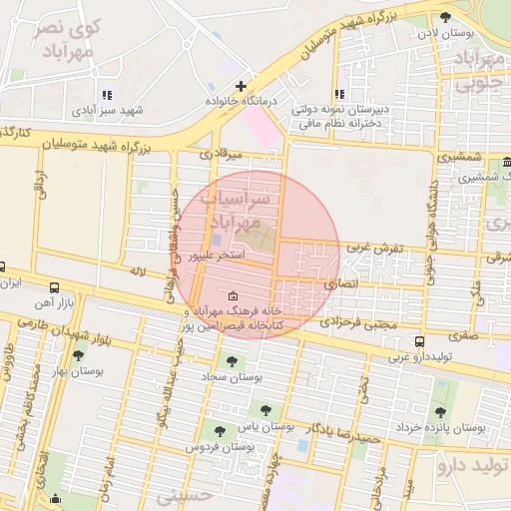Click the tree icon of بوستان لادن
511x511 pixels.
coord(445,17)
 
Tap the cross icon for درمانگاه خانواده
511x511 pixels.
coord(240,87)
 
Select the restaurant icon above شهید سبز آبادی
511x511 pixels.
coord(107,96)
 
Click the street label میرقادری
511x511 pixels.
coord(221,155)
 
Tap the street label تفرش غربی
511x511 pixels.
coord(374,247)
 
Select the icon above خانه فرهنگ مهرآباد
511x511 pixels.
coord(233,295)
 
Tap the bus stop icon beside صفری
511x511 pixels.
coord(418,340)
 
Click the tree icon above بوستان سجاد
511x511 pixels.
coord(232,361)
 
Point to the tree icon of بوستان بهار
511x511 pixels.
coord(78,355)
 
